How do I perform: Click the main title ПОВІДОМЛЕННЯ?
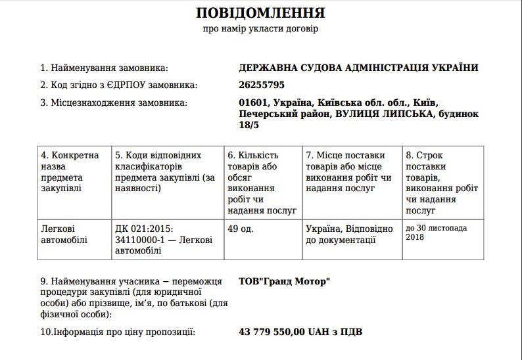coord(261,12)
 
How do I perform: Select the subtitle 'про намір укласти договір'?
coord(261,29)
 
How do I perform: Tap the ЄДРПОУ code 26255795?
coord(262,85)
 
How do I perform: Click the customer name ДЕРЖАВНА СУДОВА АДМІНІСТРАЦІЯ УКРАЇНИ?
coord(359,68)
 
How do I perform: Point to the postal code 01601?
coord(253,102)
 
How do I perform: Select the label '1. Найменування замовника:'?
coord(104,68)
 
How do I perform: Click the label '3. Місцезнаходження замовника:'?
coord(113,102)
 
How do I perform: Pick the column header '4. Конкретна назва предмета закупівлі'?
coord(70,171)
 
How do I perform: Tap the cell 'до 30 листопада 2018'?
coord(437,233)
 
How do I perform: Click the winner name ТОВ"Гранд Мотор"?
coord(285,281)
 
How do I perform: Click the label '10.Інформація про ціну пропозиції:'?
coord(118,332)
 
